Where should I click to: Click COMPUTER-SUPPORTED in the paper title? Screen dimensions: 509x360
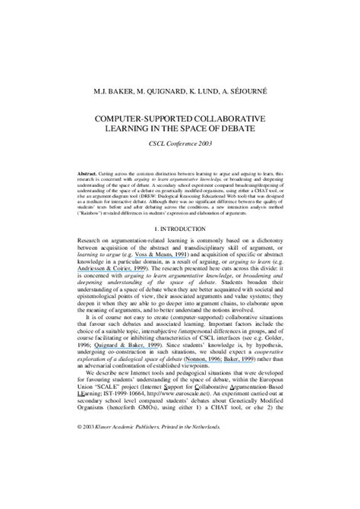[141, 119]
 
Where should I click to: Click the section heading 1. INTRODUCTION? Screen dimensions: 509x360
[179, 228]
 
